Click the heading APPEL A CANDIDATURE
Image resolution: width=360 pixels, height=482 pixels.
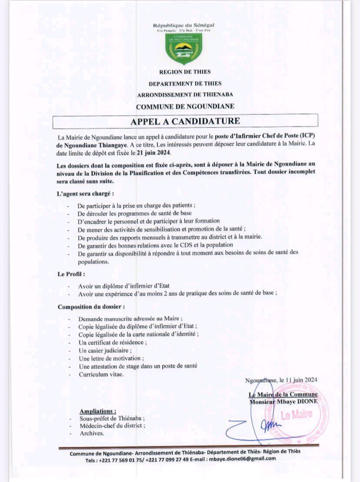[185, 120]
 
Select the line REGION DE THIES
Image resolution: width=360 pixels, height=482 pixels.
[185, 72]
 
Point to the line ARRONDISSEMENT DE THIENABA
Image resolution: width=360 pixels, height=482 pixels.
[185, 94]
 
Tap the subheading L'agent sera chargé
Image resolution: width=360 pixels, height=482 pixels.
[85, 193]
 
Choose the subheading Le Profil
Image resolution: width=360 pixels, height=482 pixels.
[71, 274]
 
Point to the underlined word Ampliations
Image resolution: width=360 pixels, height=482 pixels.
[98, 411]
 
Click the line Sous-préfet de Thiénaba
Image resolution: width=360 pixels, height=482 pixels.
[111, 418]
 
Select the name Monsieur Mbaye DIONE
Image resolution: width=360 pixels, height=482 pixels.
[283, 402]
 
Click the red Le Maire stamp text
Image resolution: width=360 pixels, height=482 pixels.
[297, 415]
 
